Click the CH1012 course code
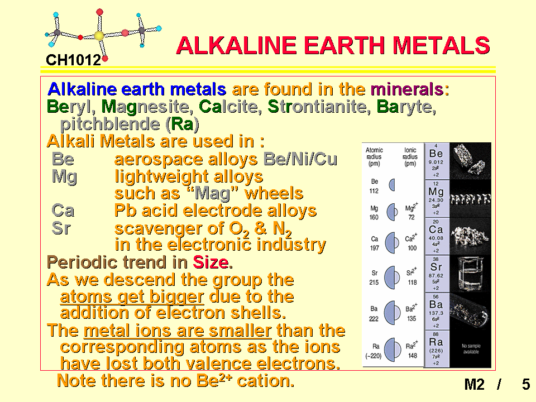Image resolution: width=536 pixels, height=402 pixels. (74, 60)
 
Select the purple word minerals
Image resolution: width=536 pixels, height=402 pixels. (407, 89)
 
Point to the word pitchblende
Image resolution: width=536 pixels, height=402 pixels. (110, 124)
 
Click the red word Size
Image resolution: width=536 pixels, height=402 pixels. (210, 262)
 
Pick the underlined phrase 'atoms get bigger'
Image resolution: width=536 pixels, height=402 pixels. (132, 296)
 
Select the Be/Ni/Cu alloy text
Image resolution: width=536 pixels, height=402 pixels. (300, 159)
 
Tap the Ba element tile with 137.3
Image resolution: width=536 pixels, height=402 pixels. (436, 311)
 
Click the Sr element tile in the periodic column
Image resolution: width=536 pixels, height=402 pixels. (436, 273)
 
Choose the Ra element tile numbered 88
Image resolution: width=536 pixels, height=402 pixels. (436, 348)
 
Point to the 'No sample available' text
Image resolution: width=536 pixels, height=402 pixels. (471, 348)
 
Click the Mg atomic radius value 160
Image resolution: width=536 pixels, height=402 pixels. (374, 217)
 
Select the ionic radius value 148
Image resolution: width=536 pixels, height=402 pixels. (413, 356)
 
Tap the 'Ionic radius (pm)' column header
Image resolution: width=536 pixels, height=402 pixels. (410, 156)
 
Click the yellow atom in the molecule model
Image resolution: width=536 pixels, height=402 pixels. (99, 36)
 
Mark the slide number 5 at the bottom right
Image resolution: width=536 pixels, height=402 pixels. (526, 384)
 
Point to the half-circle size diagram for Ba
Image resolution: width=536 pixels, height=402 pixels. (392, 313)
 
